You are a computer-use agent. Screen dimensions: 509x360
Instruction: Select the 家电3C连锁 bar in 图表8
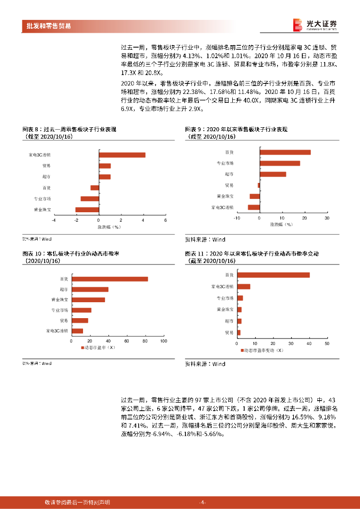(122, 155)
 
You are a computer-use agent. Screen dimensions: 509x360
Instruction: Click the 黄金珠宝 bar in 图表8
(87, 210)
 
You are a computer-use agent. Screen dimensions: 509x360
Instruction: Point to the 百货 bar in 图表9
(285, 152)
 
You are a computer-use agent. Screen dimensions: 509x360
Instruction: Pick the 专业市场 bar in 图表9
(279, 163)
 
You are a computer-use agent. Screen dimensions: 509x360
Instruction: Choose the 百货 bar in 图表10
(110, 279)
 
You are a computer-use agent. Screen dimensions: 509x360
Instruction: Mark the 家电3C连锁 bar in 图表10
(77, 331)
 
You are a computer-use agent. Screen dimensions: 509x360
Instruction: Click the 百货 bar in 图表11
(273, 275)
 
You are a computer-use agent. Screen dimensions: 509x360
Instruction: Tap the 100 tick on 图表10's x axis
(163, 340)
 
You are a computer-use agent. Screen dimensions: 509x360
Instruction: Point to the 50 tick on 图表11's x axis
(327, 344)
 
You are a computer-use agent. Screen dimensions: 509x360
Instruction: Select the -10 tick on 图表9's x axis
(237, 218)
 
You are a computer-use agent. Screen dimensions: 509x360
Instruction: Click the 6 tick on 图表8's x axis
(166, 220)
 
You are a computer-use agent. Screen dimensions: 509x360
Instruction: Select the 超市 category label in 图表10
(64, 289)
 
